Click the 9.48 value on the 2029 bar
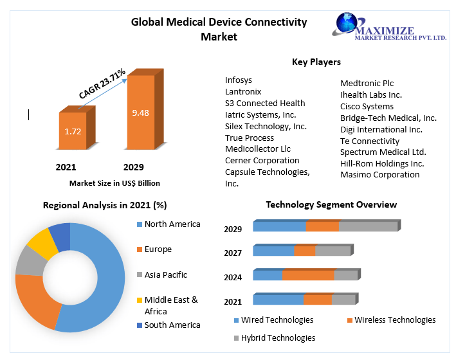pyautogui.click(x=140, y=113)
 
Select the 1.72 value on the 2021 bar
pyautogui.click(x=73, y=131)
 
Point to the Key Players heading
pyautogui.click(x=316, y=62)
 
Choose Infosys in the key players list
pyautogui.click(x=239, y=80)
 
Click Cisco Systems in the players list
pyautogui.click(x=367, y=106)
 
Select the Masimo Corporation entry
pyautogui.click(x=379, y=175)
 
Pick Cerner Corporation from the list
pyautogui.click(x=262, y=161)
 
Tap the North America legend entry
pyautogui.click(x=172, y=224)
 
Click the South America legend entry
pyautogui.click(x=172, y=325)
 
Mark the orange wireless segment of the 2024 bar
pyautogui.click(x=308, y=275)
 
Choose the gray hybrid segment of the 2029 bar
pyautogui.click(x=368, y=226)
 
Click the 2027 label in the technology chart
pyautogui.click(x=233, y=253)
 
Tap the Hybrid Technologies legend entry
pyautogui.click(x=278, y=337)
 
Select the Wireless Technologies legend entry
pyautogui.click(x=394, y=320)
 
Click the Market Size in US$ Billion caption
pyautogui.click(x=114, y=183)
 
